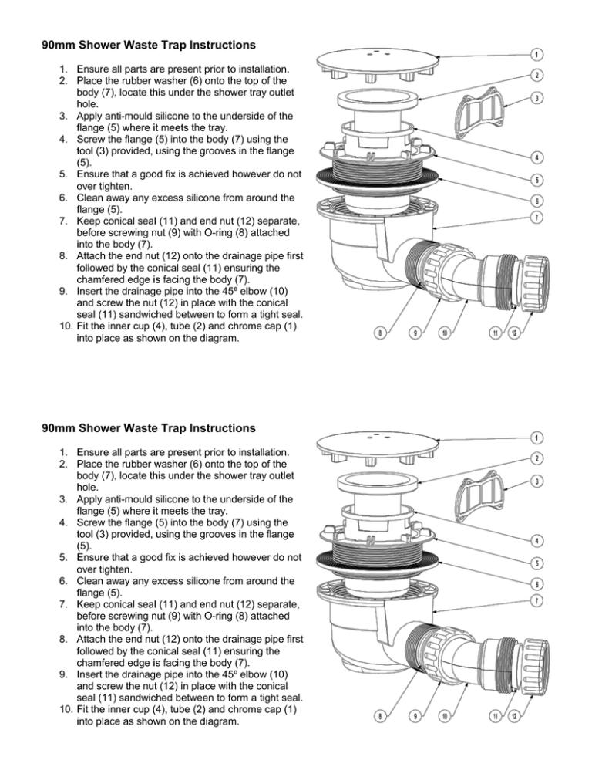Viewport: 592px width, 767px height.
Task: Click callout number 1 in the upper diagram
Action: (x=536, y=54)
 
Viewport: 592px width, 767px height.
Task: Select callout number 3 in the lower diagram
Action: (x=536, y=481)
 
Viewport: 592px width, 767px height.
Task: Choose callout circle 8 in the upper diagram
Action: (x=380, y=333)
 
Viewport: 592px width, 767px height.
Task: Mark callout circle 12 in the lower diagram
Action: (x=514, y=717)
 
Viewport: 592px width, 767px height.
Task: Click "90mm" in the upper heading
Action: (x=59, y=45)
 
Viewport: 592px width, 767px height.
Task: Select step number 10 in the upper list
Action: (x=66, y=326)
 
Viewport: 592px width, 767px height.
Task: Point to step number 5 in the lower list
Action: (x=63, y=558)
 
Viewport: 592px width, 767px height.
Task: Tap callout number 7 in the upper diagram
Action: (x=536, y=217)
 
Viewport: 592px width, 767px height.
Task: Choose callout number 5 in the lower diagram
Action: (x=536, y=563)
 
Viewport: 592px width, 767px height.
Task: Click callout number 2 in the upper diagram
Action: (x=536, y=75)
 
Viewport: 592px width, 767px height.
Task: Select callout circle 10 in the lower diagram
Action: (x=444, y=717)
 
